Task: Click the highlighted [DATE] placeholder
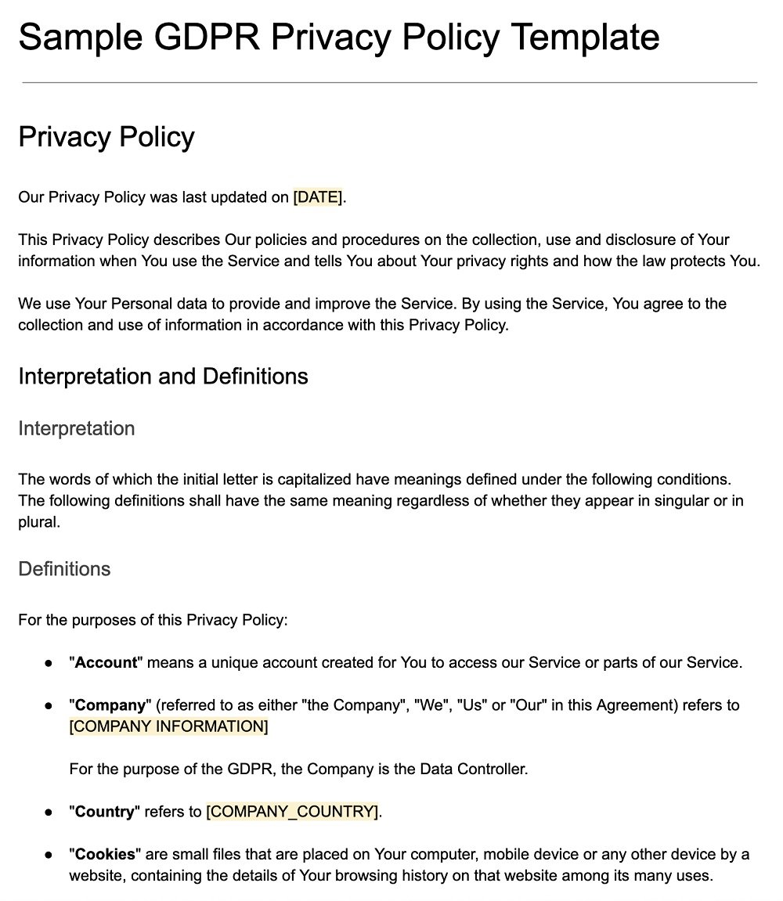point(317,197)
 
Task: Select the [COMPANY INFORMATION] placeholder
point(168,726)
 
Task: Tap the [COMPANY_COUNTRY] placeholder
point(292,812)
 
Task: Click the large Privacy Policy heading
point(106,137)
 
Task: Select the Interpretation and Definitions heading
point(163,377)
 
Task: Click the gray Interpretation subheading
point(76,429)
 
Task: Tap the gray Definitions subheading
point(64,569)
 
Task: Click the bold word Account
point(106,663)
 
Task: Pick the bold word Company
point(110,705)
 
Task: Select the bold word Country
point(105,812)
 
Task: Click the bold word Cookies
point(106,854)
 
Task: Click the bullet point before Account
point(49,663)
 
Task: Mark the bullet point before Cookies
point(49,854)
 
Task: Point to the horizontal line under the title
point(389,82)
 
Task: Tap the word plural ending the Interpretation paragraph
point(38,522)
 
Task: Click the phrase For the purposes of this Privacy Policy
point(153,621)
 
